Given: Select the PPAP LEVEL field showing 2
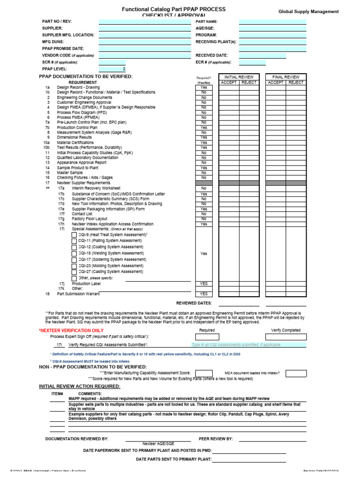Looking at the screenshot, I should pyautogui.click(x=112, y=69).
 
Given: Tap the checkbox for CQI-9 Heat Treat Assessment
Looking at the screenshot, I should pyautogui.click(x=74, y=235).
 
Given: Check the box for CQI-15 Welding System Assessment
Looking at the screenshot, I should pyautogui.click(x=74, y=254).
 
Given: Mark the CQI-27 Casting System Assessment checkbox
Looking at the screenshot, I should pyautogui.click(x=74, y=272).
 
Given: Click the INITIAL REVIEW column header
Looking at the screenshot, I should pyautogui.click(x=239, y=77).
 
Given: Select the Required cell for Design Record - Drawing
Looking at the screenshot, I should pyautogui.click(x=203, y=87).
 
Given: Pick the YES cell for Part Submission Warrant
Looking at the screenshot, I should pyautogui.click(x=203, y=294).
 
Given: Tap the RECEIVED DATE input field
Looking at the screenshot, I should pyautogui.click(x=262, y=55).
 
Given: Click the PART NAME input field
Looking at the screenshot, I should pyautogui.click(x=272, y=22).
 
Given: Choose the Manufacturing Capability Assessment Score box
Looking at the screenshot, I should pyautogui.click(x=204, y=374).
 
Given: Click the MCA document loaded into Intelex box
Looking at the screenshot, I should pyautogui.click(x=296, y=374).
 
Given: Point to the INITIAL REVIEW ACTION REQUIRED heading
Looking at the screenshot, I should pyautogui.click(x=79, y=386).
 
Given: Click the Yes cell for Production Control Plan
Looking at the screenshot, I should pyautogui.click(x=203, y=127).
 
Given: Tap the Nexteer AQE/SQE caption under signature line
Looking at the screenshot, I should pyautogui.click(x=158, y=443).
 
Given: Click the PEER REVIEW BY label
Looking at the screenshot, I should pyautogui.click(x=216, y=439).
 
